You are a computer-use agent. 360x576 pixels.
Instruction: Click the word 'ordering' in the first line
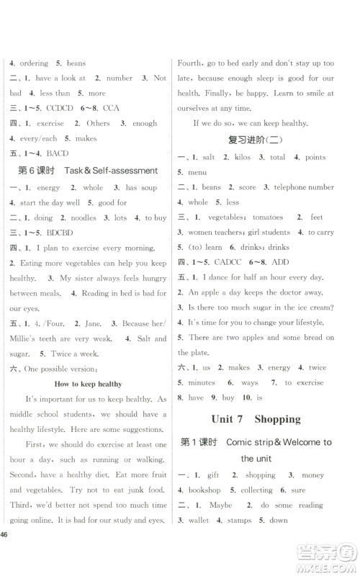[34, 63]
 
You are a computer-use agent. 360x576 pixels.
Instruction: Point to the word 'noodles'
[85, 217]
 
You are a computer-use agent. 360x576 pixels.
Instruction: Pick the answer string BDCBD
[59, 233]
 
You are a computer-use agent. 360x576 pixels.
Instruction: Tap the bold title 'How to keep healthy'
[88, 384]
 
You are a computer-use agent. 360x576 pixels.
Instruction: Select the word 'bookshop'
[204, 490]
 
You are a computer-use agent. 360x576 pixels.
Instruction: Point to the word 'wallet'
[199, 520]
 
